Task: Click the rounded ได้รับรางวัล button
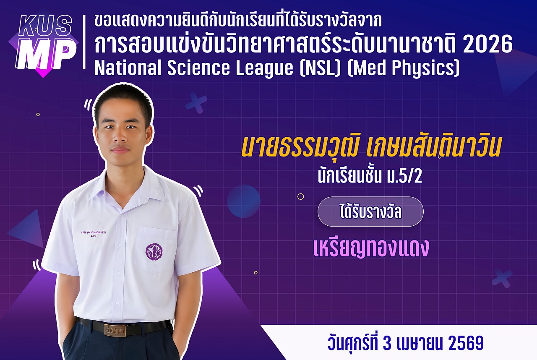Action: pyautogui.click(x=370, y=212)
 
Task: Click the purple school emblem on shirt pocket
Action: pyautogui.click(x=154, y=251)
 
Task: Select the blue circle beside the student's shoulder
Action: pyautogui.click(x=243, y=201)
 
